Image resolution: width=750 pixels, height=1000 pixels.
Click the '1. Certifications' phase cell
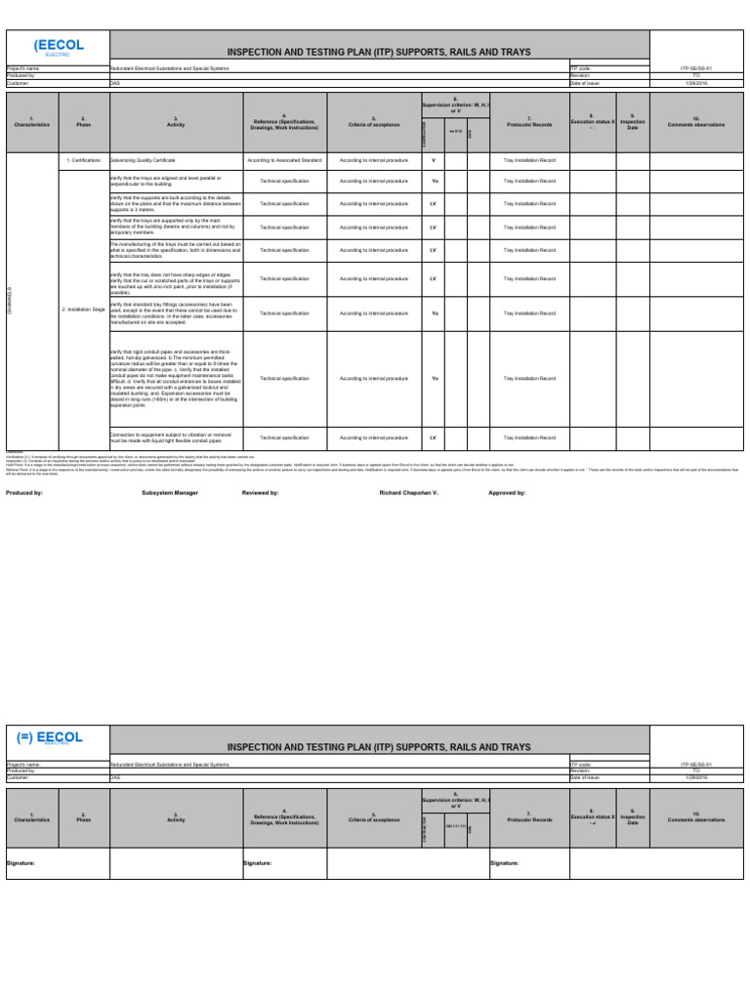coord(83,158)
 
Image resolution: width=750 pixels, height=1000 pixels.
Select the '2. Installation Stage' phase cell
coord(83,309)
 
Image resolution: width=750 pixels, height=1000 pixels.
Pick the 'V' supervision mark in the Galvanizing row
coord(433,158)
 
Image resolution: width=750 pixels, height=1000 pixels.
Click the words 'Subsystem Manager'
coord(171,493)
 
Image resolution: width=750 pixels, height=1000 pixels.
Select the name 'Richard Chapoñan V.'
coord(409,493)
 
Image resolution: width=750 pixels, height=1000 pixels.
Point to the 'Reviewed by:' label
coord(261,493)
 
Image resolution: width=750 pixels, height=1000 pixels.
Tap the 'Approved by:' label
coord(507,493)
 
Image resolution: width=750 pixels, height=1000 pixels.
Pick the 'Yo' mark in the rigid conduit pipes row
coord(434,378)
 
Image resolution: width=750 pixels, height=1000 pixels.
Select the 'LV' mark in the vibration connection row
coord(433,437)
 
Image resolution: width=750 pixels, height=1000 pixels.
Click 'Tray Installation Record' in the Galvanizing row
coord(528,158)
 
